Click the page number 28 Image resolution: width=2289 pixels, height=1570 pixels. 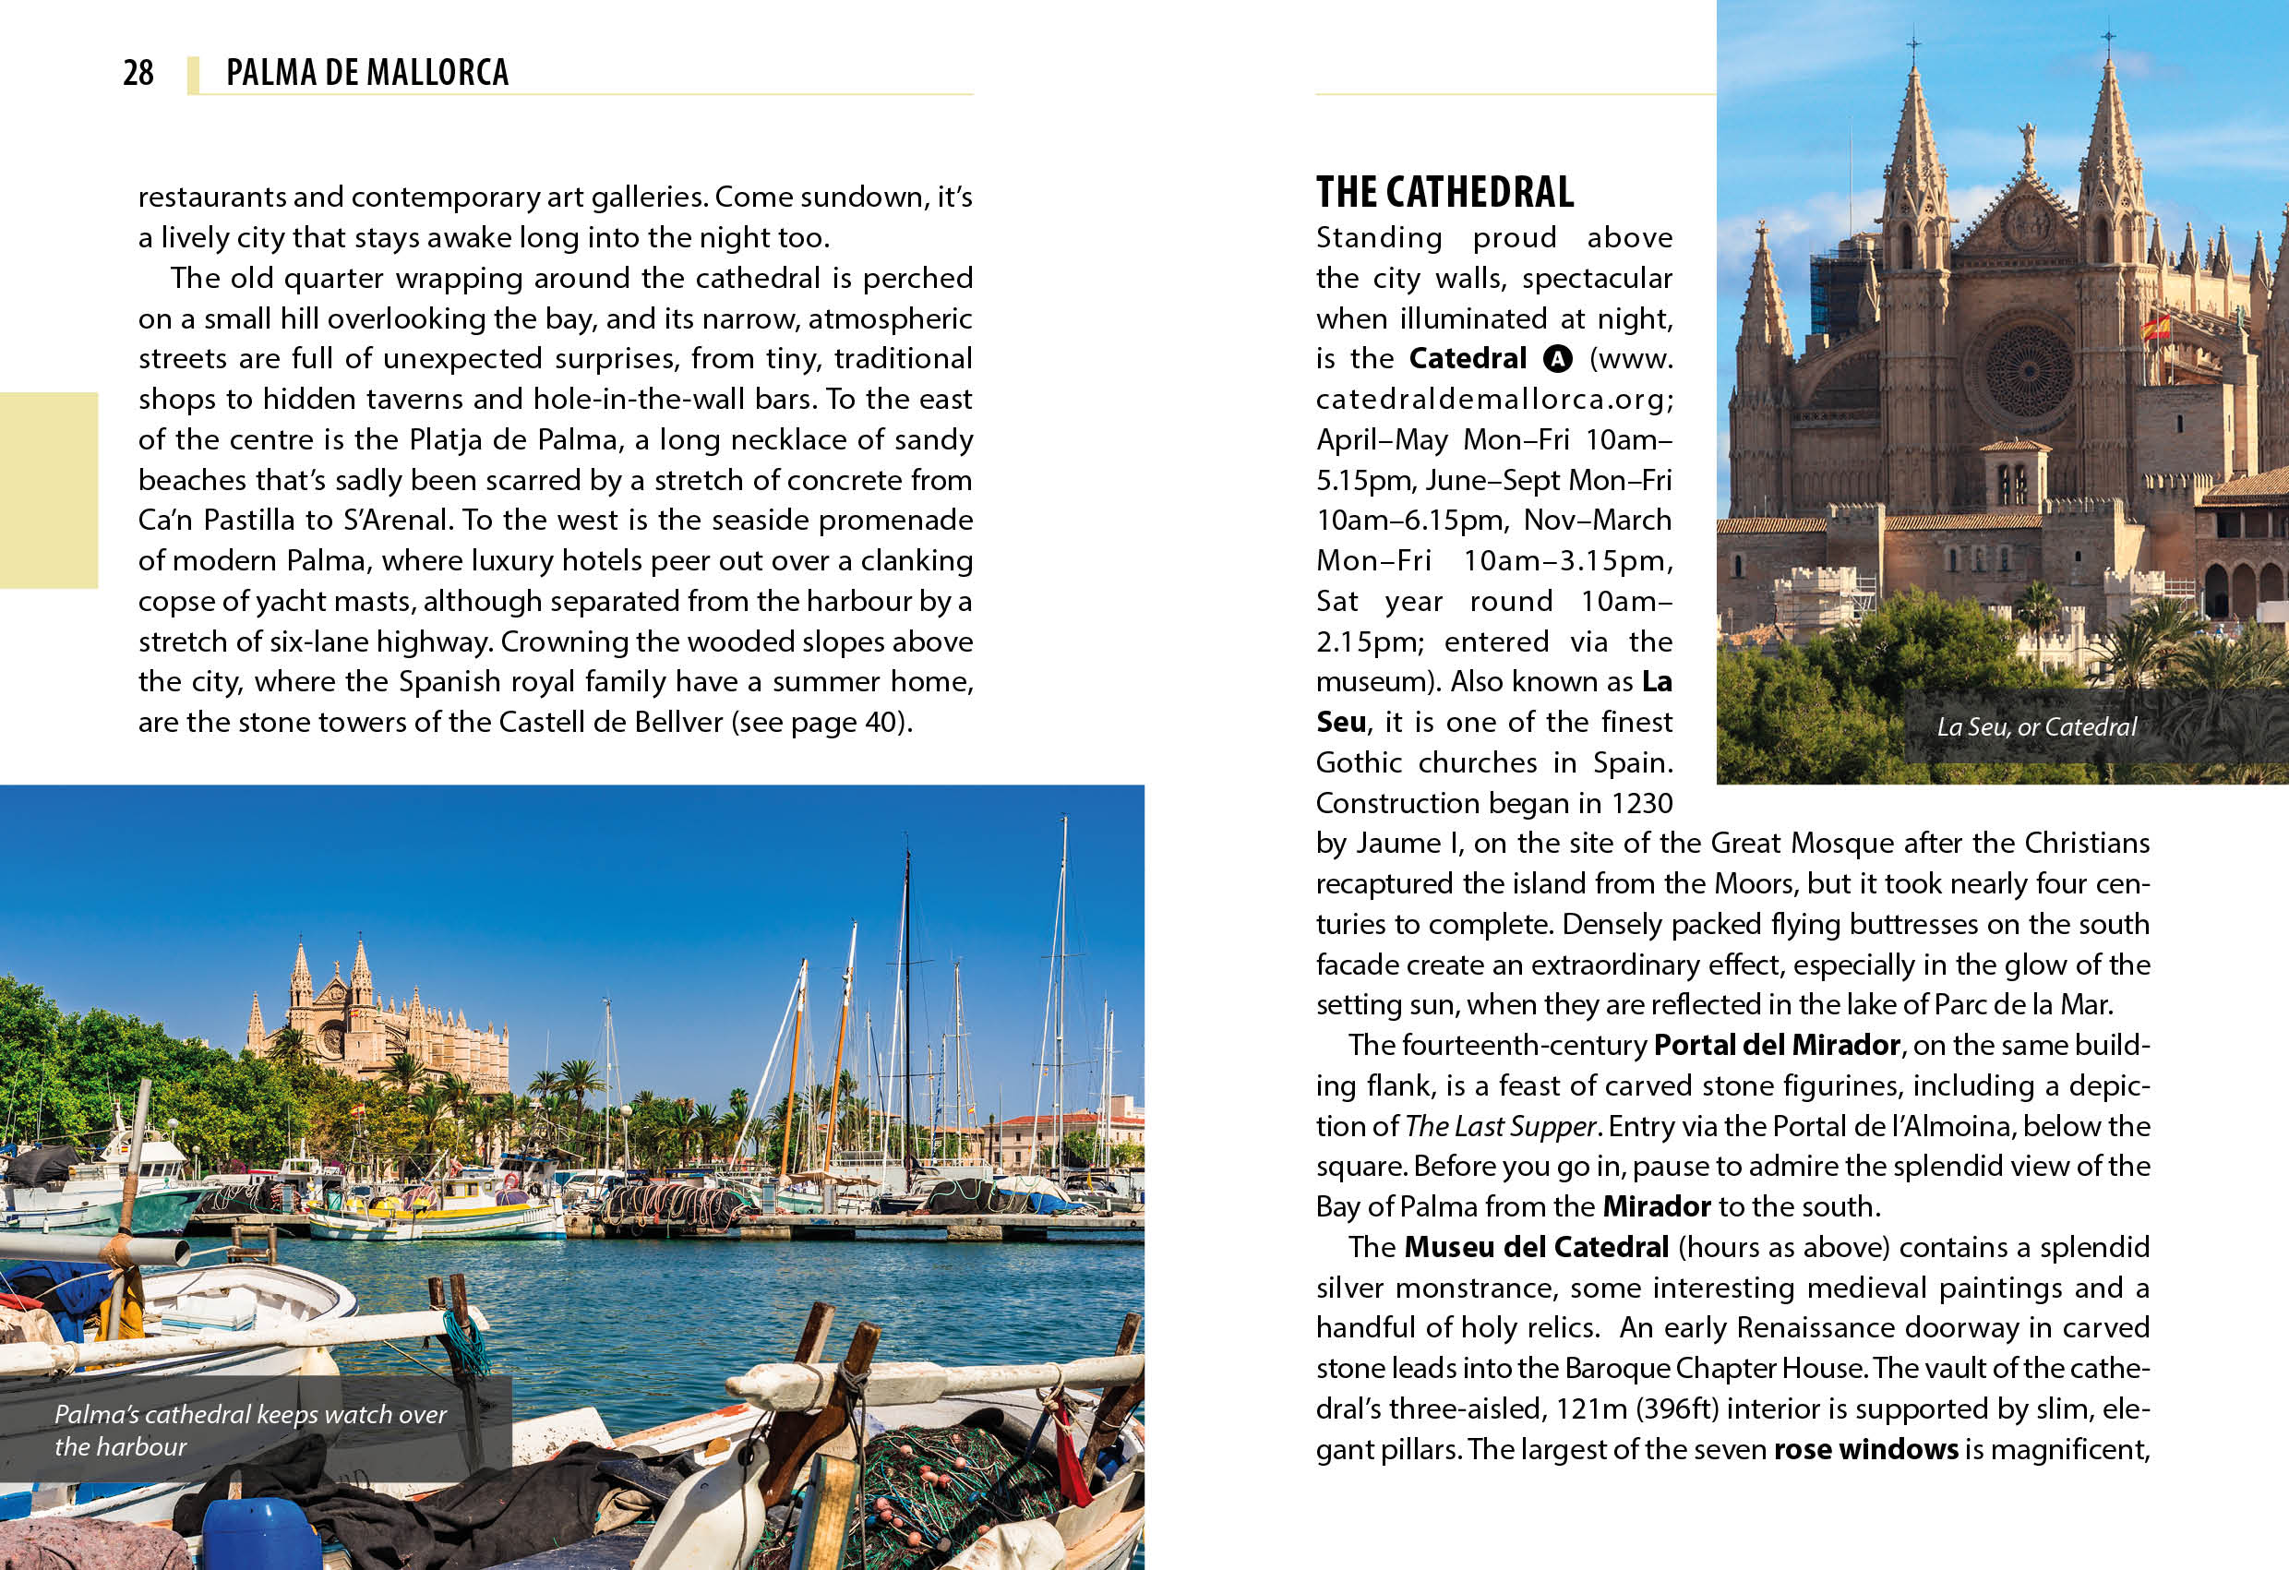138,73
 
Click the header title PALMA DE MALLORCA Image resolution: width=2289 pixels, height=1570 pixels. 366,73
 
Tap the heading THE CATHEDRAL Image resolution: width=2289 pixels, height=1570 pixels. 1444,192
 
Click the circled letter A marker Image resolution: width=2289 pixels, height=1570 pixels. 1557,358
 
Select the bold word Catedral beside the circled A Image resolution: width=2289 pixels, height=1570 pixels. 1467,357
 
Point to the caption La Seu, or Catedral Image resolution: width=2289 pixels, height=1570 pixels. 2036,727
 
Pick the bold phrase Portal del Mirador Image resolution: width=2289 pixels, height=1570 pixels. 1776,1045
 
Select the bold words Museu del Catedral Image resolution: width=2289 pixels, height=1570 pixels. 1536,1247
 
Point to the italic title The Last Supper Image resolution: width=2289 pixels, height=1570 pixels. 1500,1126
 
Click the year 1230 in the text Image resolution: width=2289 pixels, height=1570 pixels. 1642,804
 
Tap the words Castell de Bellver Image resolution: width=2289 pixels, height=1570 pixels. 610,722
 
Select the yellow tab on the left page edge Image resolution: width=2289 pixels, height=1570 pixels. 48,489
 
